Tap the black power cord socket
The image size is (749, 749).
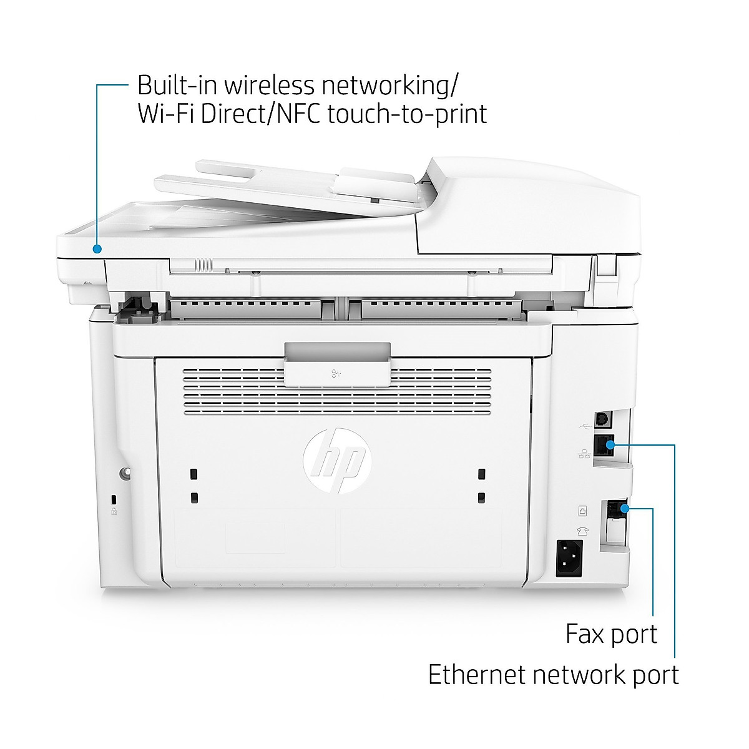[x=569, y=557]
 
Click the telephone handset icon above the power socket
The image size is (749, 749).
[x=583, y=531]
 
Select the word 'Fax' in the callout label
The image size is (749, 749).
[x=585, y=634]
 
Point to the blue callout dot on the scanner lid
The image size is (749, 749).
[x=97, y=249]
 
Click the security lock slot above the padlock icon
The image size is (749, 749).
[x=113, y=499]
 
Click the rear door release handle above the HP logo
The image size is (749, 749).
[x=337, y=365]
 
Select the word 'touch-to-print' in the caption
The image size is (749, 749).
[x=407, y=114]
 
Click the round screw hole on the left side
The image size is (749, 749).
[x=125, y=474]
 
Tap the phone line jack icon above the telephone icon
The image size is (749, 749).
[x=583, y=511]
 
